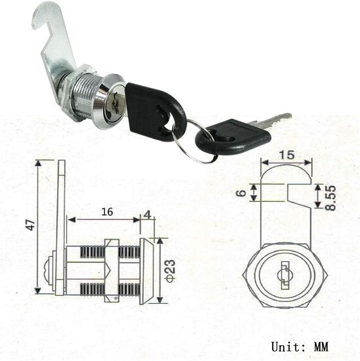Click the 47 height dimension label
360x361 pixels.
point(31,225)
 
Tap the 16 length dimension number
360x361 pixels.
point(107,212)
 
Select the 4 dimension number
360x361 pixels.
point(147,215)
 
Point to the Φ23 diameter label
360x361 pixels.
point(170,270)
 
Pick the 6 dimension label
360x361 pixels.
point(242,193)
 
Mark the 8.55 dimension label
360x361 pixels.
point(330,197)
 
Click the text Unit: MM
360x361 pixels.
point(299,346)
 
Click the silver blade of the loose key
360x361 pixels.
point(271,121)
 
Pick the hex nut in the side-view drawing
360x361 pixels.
point(112,270)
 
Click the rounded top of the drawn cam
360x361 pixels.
point(286,173)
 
